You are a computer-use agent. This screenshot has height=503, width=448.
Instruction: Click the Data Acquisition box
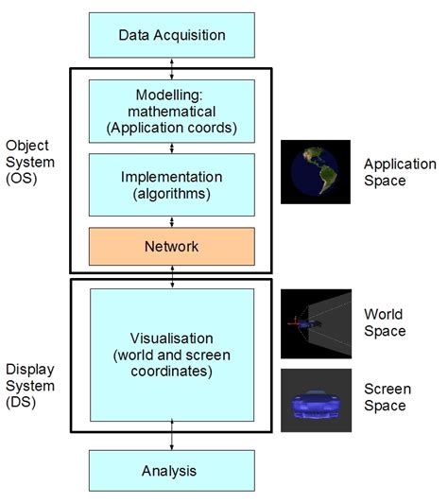click(x=171, y=35)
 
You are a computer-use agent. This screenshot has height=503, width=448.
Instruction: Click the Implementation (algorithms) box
click(x=171, y=185)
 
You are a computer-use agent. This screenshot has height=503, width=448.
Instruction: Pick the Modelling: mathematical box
click(x=171, y=111)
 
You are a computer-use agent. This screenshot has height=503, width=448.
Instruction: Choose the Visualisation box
click(x=171, y=355)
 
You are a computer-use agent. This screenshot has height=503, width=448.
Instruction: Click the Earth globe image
click(x=316, y=173)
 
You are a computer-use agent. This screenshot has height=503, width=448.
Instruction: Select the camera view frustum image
click(x=316, y=323)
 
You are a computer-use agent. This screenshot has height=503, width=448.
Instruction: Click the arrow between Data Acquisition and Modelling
click(x=171, y=67)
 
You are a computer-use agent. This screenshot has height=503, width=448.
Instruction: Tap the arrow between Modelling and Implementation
click(x=171, y=147)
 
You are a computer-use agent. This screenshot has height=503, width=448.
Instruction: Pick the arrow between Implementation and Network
click(x=171, y=221)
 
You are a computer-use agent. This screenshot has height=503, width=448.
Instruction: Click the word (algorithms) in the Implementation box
click(x=171, y=194)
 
